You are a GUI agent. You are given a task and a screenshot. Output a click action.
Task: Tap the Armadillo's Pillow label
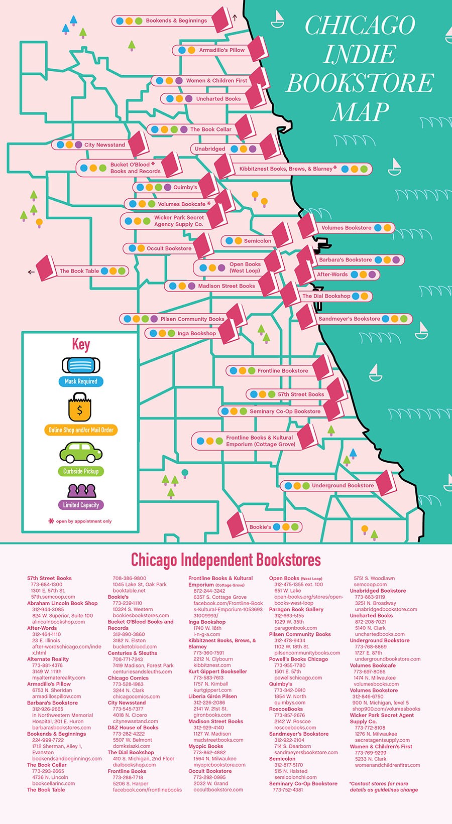[x=221, y=50]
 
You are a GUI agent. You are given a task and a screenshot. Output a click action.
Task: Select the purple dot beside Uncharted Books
[x=189, y=99]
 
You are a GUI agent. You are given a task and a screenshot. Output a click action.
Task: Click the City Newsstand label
[x=104, y=145]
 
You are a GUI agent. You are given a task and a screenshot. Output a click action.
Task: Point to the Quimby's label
[x=185, y=187]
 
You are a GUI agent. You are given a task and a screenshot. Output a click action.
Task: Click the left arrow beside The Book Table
[x=31, y=272]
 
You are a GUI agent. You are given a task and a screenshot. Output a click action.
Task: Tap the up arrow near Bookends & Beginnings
[x=235, y=18]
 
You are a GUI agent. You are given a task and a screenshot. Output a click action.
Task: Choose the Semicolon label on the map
[x=257, y=241]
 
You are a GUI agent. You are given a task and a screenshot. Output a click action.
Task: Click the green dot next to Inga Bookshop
[x=171, y=333]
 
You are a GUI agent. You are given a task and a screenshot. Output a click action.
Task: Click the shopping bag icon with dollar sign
[x=80, y=407]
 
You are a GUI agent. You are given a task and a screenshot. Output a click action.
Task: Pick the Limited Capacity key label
[x=81, y=505]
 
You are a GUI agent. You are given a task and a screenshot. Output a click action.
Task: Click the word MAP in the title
[x=360, y=112]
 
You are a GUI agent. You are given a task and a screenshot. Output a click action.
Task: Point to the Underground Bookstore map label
[x=343, y=485]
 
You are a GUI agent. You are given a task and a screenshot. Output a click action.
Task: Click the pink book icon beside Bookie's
[x=236, y=525]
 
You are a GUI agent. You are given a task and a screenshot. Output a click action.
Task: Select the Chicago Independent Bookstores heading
[x=225, y=560]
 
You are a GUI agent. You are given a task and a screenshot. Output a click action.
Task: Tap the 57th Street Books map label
[x=301, y=394]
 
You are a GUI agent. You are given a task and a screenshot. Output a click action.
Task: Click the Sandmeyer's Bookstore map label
[x=349, y=319]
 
